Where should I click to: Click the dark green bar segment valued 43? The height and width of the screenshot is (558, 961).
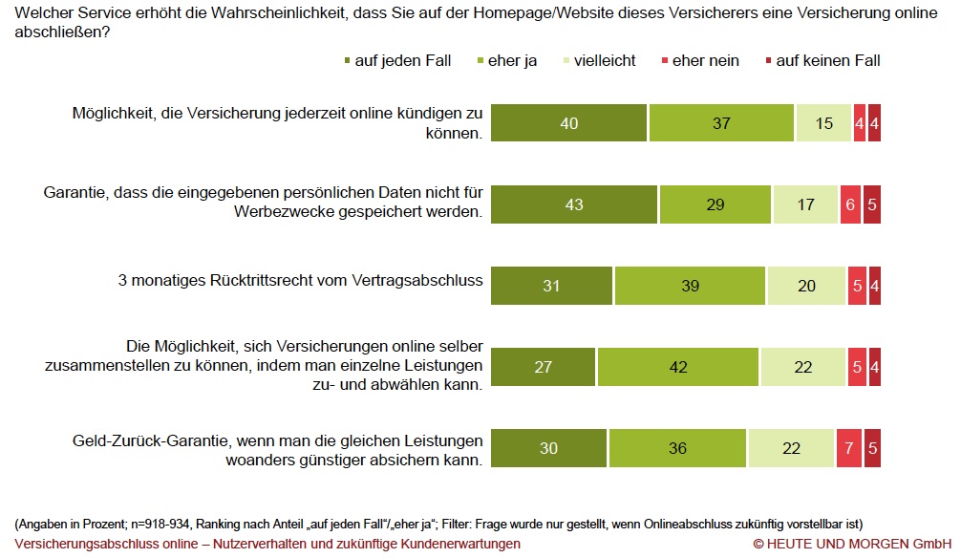[574, 204]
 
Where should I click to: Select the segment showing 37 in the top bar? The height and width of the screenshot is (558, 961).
[721, 122]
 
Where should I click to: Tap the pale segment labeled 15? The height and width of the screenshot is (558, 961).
[823, 122]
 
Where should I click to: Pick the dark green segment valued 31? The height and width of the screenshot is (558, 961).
[552, 286]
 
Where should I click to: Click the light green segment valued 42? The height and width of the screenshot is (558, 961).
[678, 367]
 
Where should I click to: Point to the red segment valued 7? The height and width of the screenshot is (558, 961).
[847, 448]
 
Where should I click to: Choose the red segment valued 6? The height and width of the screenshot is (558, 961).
[849, 204]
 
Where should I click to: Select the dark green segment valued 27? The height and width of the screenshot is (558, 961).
[544, 367]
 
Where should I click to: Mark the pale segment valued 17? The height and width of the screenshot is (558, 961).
[804, 204]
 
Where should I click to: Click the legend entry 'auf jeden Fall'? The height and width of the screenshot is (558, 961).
[397, 60]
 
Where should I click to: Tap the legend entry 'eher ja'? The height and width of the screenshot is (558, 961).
[512, 60]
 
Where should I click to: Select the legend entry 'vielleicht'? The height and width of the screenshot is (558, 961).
[601, 60]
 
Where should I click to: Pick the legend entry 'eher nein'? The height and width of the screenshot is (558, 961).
[705, 60]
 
